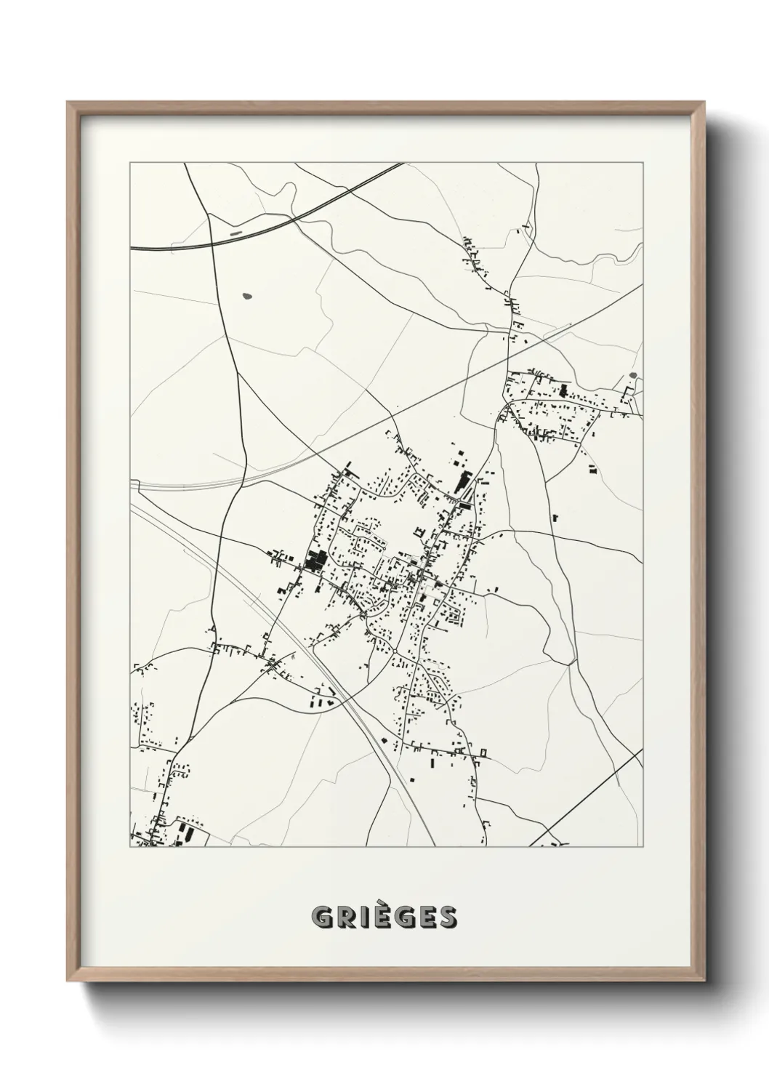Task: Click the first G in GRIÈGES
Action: coord(322,918)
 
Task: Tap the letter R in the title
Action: coord(344,918)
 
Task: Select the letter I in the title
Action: coord(361,918)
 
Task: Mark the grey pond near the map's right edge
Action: coord(632,376)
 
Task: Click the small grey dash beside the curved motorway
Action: coord(235,234)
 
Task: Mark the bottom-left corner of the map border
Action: coord(130,846)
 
